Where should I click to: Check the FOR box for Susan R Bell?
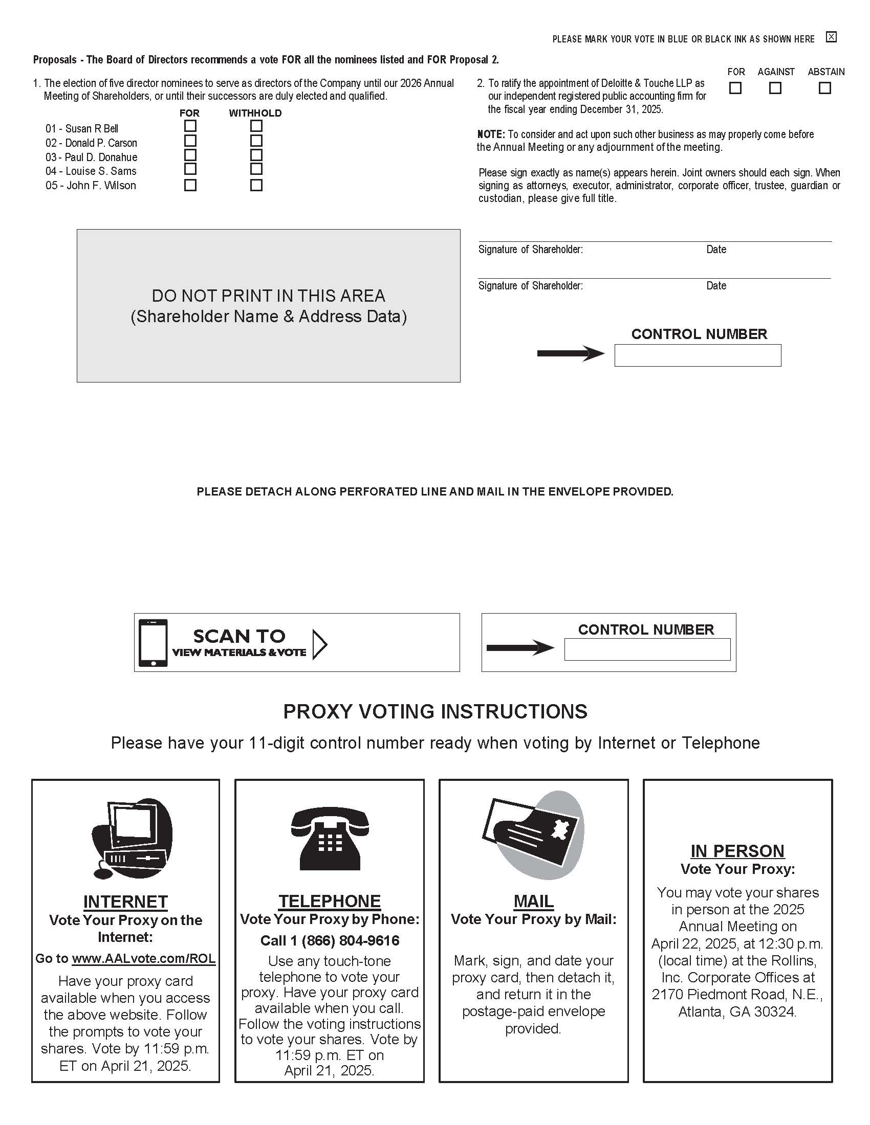pos(190,126)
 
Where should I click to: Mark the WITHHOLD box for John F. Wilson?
pos(256,185)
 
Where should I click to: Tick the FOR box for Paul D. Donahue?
pos(190,155)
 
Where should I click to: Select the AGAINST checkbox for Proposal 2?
pos(775,88)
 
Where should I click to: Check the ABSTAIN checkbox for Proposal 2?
pos(824,88)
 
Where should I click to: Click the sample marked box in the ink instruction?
pos(831,37)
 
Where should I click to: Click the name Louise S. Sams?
pos(100,171)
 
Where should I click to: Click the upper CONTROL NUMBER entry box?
pos(698,355)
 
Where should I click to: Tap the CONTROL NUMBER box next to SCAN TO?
pos(647,649)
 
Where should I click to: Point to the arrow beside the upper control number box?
pos(570,353)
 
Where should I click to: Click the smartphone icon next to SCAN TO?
pos(153,642)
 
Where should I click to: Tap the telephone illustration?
pos(330,838)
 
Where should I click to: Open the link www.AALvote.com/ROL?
pos(143,958)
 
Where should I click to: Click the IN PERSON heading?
pos(737,851)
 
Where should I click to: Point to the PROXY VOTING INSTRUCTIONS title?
pos(435,711)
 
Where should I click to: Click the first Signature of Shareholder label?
pos(530,250)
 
